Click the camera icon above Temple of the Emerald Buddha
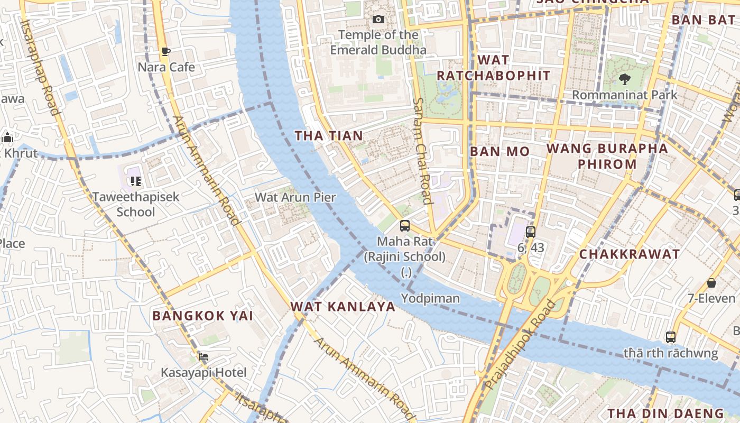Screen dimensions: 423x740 pos(378,20)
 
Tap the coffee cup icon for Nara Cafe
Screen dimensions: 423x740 pos(166,51)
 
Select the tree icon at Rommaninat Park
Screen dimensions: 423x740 pos(624,79)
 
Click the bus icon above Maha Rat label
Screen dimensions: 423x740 pos(405,226)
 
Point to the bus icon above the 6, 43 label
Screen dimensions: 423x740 pos(531,232)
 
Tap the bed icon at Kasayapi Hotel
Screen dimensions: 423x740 pos(203,357)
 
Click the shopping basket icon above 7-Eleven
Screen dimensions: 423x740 pos(711,283)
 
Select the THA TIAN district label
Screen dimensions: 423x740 pos(329,136)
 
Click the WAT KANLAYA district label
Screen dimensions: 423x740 pos(343,307)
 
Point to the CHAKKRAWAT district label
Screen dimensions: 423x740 pos(630,254)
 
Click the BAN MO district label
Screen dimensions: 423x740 pos(499,152)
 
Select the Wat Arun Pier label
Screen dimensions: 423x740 pos(295,198)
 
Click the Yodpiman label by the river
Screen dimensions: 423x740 pos(430,299)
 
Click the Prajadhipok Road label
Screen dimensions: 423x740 pos(520,344)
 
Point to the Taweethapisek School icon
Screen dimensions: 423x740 pos(136,181)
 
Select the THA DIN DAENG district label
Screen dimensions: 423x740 pos(665,413)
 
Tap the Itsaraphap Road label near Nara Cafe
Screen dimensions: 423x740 pos(40,66)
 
